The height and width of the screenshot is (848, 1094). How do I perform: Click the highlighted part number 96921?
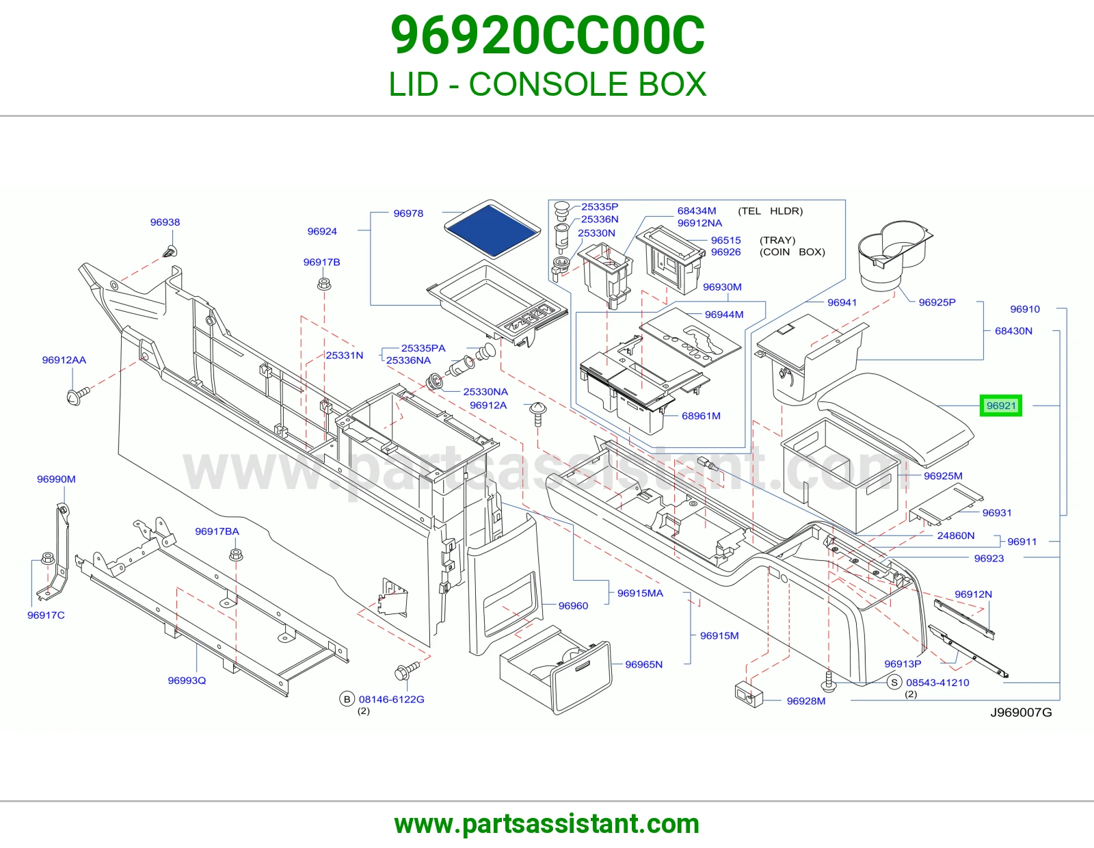(1001, 406)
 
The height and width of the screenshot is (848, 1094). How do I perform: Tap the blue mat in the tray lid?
(492, 229)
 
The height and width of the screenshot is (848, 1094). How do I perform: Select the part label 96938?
(165, 222)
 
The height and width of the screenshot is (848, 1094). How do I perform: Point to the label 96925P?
(937, 302)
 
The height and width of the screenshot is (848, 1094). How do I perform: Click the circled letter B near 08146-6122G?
(347, 699)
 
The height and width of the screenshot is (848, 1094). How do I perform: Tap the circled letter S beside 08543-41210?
(894, 683)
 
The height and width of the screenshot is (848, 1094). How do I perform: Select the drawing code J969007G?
(1021, 712)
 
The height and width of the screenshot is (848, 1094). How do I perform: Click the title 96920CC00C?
(547, 35)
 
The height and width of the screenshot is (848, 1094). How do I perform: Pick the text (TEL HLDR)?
(771, 211)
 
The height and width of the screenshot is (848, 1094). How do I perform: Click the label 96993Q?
(187, 680)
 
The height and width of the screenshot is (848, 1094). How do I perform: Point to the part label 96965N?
(644, 664)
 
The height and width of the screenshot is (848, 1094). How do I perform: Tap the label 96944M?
(724, 314)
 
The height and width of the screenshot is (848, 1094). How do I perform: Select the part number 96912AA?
(64, 360)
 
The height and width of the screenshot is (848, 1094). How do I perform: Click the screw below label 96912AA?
(77, 396)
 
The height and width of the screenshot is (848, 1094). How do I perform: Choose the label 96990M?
(56, 479)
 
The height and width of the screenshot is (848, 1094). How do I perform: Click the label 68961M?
(701, 415)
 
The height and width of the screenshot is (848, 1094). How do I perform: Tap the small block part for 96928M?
(749, 694)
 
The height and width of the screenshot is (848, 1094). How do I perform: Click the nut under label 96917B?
(323, 284)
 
